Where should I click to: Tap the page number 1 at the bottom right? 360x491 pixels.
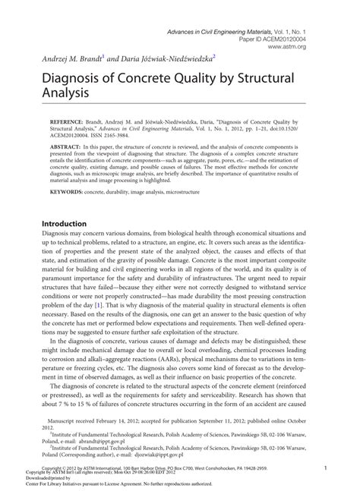pyautogui.click(x=325, y=469)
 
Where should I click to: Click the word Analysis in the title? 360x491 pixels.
pyautogui.click(x=63, y=94)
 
